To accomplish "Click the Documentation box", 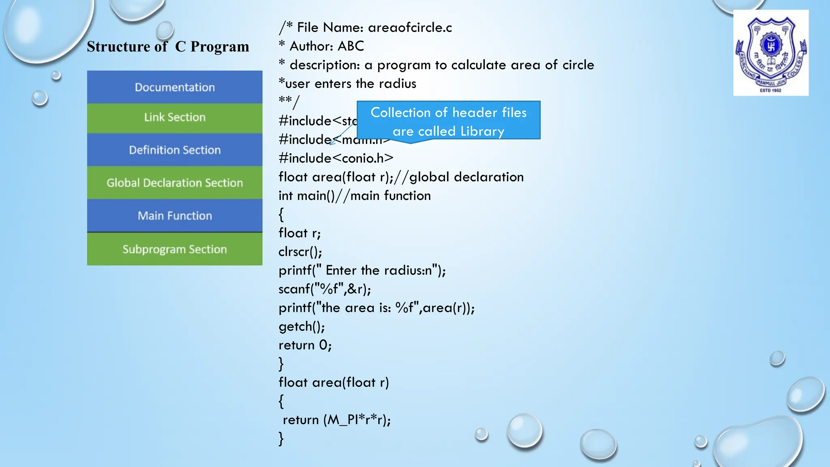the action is click(175, 87).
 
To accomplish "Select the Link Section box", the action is click(175, 118).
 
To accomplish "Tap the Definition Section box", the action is click(175, 150).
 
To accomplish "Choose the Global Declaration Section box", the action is click(175, 183).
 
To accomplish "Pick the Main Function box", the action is click(175, 216).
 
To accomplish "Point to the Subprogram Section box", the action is click(175, 249).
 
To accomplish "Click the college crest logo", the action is click(771, 53).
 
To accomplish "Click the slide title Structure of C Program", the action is click(168, 47).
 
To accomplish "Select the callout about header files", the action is click(448, 121).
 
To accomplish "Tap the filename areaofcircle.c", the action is click(410, 28).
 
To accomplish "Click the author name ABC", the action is click(351, 46).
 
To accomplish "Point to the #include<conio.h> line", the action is click(336, 158).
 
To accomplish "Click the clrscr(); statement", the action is click(300, 252).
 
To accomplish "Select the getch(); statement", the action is click(302, 326).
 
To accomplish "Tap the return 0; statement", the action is click(305, 345).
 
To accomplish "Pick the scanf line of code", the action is click(325, 289).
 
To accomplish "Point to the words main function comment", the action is click(390, 196).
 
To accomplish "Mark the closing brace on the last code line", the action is click(281, 439).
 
